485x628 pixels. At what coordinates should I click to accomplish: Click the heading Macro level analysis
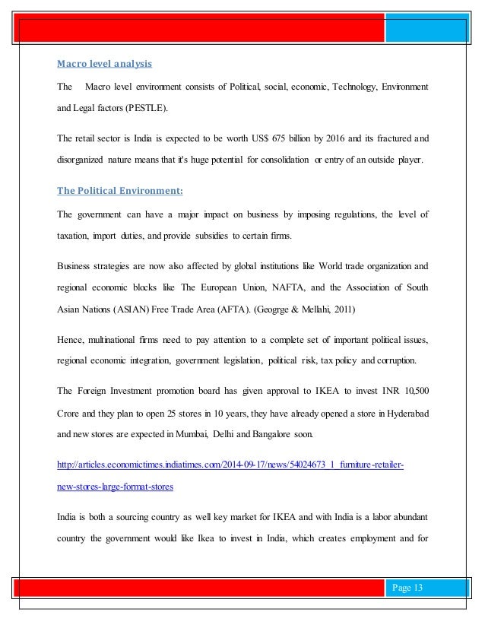point(104,65)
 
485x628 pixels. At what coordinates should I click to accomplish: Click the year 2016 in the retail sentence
point(339,138)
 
